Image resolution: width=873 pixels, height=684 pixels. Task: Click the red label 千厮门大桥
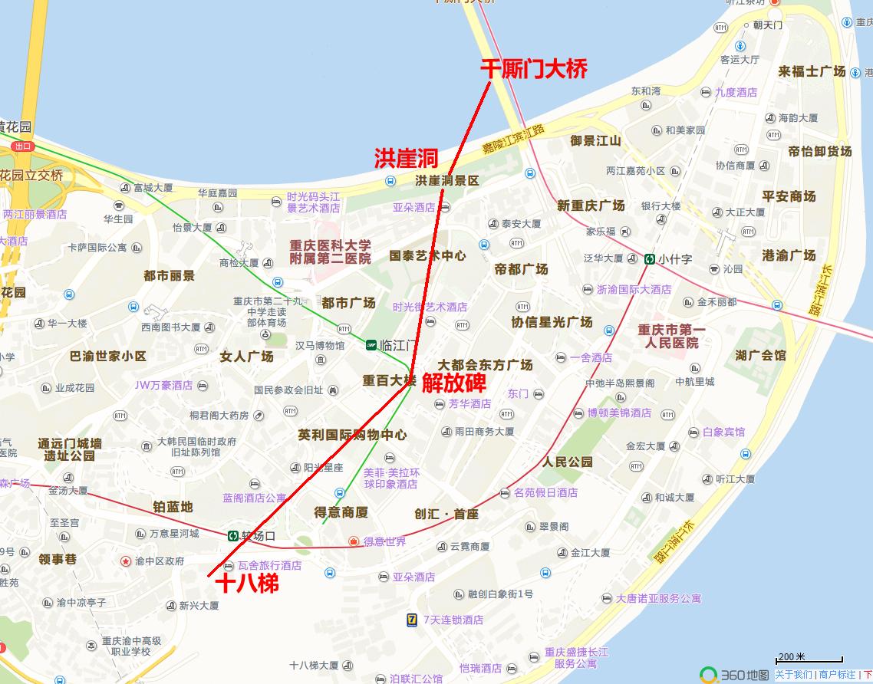tap(534, 69)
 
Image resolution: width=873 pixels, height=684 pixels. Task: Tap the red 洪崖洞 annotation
tap(406, 159)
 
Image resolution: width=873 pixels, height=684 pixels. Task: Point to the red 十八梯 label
tap(246, 584)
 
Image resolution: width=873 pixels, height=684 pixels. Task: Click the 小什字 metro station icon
tap(650, 259)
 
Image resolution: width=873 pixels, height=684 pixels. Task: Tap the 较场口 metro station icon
tap(232, 535)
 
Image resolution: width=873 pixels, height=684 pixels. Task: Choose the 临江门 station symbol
tap(371, 345)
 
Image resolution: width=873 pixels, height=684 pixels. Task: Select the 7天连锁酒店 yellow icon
tap(412, 620)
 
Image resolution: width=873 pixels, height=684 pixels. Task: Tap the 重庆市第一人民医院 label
tap(672, 337)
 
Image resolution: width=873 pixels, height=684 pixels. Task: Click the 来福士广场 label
tap(812, 71)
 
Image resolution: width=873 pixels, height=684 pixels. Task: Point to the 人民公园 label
tap(568, 462)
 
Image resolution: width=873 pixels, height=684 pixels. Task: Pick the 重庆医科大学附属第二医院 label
tap(330, 252)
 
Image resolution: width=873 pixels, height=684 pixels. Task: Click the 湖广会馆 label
tap(760, 355)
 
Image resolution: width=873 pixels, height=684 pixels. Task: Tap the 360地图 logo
tap(733, 674)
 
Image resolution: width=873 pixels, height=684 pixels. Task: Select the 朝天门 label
tap(767, 25)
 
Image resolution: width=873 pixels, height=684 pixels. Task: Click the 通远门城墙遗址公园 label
tap(70, 449)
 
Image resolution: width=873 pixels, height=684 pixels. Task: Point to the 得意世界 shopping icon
tap(353, 541)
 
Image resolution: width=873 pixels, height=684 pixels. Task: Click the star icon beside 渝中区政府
tap(125, 561)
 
